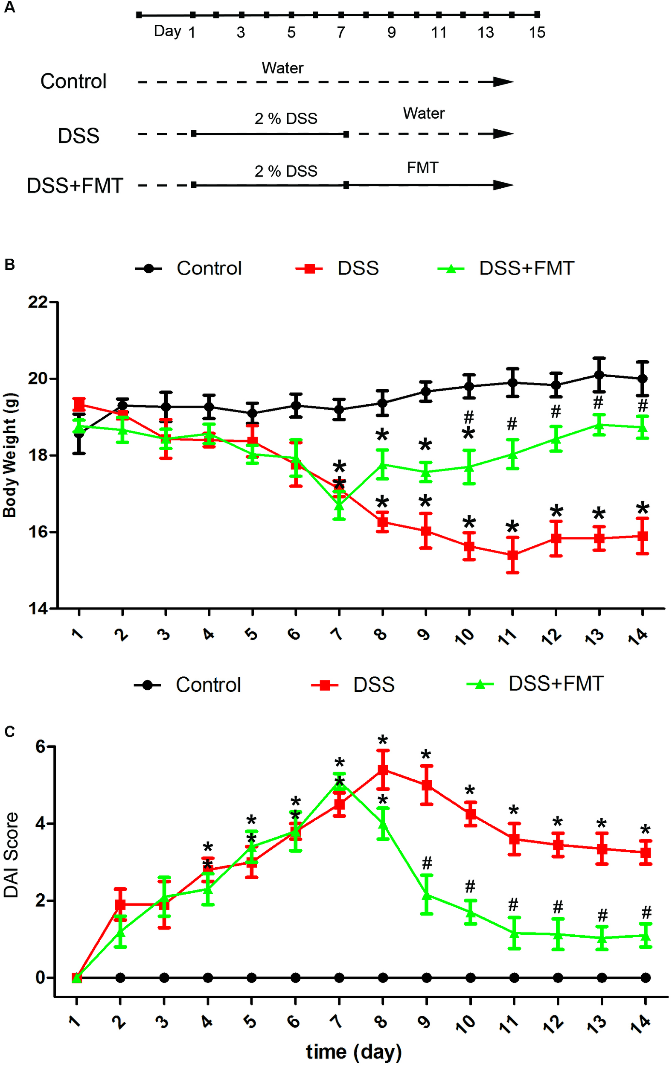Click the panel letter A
[9, 8]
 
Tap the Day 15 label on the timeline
[536, 32]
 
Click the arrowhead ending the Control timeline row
[503, 82]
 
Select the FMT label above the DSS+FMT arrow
[422, 168]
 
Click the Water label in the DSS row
[424, 114]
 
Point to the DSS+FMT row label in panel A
[75, 186]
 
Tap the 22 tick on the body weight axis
[38, 302]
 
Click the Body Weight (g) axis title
[10, 455]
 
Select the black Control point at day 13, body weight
[599, 375]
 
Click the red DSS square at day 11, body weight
[512, 555]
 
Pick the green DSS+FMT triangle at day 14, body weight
[642, 427]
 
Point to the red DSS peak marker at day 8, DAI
[383, 770]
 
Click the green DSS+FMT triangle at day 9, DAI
[427, 894]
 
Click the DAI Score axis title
[12, 854]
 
